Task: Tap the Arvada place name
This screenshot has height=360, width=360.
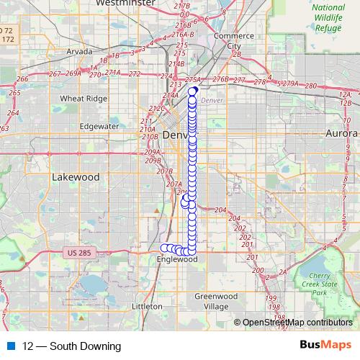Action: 79,51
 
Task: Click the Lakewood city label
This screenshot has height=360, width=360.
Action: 76,176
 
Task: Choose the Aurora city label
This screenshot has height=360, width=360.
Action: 341,134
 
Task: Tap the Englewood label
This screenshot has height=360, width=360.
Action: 176,259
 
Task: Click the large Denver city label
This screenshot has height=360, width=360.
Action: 176,135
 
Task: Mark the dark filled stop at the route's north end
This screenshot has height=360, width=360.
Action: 193,90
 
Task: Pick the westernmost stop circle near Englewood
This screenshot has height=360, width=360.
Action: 163,248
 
